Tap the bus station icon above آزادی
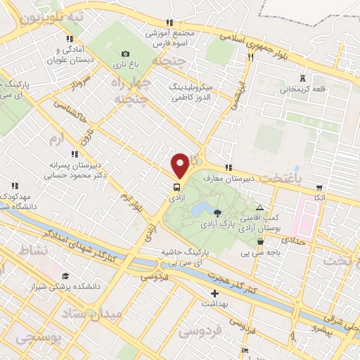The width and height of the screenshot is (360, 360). click(176, 188)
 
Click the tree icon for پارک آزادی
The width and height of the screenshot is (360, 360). click(217, 212)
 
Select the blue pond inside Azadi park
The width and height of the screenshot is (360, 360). click(202, 209)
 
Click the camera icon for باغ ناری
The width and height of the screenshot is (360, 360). click(125, 54)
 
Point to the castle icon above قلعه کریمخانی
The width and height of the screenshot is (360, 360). click(303, 78)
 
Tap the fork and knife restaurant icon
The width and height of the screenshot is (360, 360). click(250, 58)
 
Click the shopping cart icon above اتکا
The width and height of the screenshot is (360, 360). click(319, 188)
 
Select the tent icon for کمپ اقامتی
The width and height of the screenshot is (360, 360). click(260, 208)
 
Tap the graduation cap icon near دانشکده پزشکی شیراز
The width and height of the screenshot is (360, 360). click(65, 276)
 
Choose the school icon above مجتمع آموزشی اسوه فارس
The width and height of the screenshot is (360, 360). click(168, 22)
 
